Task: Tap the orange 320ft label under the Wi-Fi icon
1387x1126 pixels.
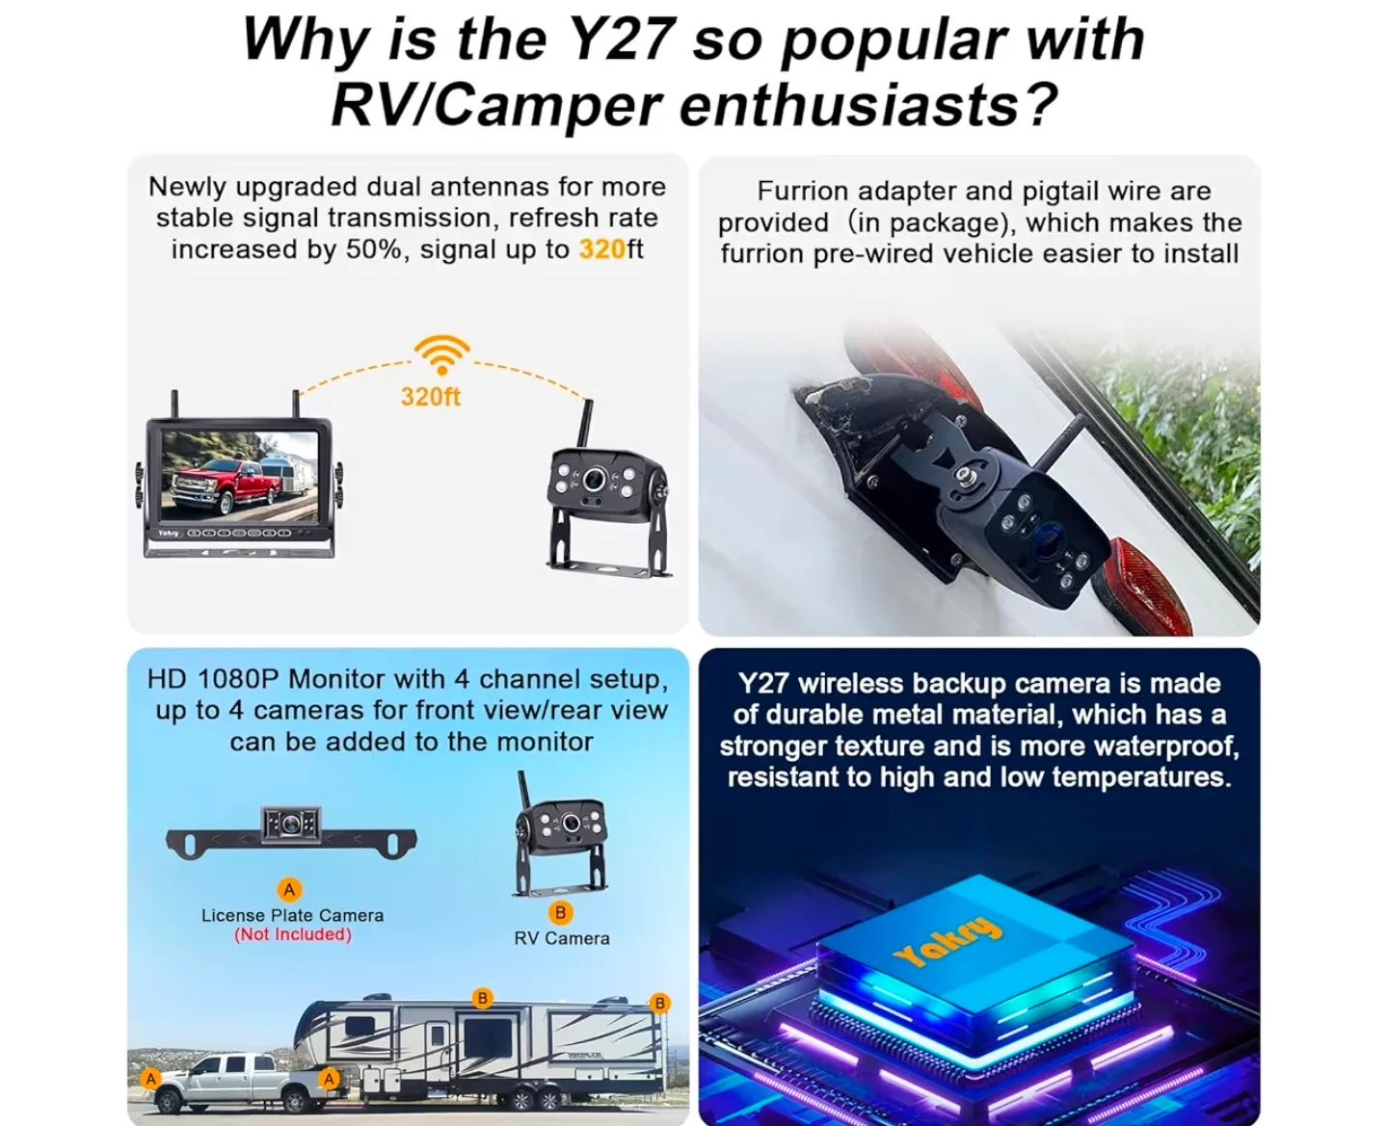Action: (x=430, y=397)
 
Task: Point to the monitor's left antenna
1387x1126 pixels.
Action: (x=176, y=405)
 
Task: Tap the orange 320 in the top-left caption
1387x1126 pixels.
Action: (x=601, y=249)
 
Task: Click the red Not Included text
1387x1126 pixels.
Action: (x=292, y=934)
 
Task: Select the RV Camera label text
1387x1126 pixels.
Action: (x=561, y=938)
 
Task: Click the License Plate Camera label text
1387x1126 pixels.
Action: (x=292, y=915)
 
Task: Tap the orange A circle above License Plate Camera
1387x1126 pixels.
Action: (x=288, y=889)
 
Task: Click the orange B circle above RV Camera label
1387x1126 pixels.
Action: (x=560, y=912)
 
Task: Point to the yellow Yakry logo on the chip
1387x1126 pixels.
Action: (x=948, y=941)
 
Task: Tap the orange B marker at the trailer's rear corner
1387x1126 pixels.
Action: (x=659, y=1003)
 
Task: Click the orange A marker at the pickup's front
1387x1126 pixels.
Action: (x=149, y=1079)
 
